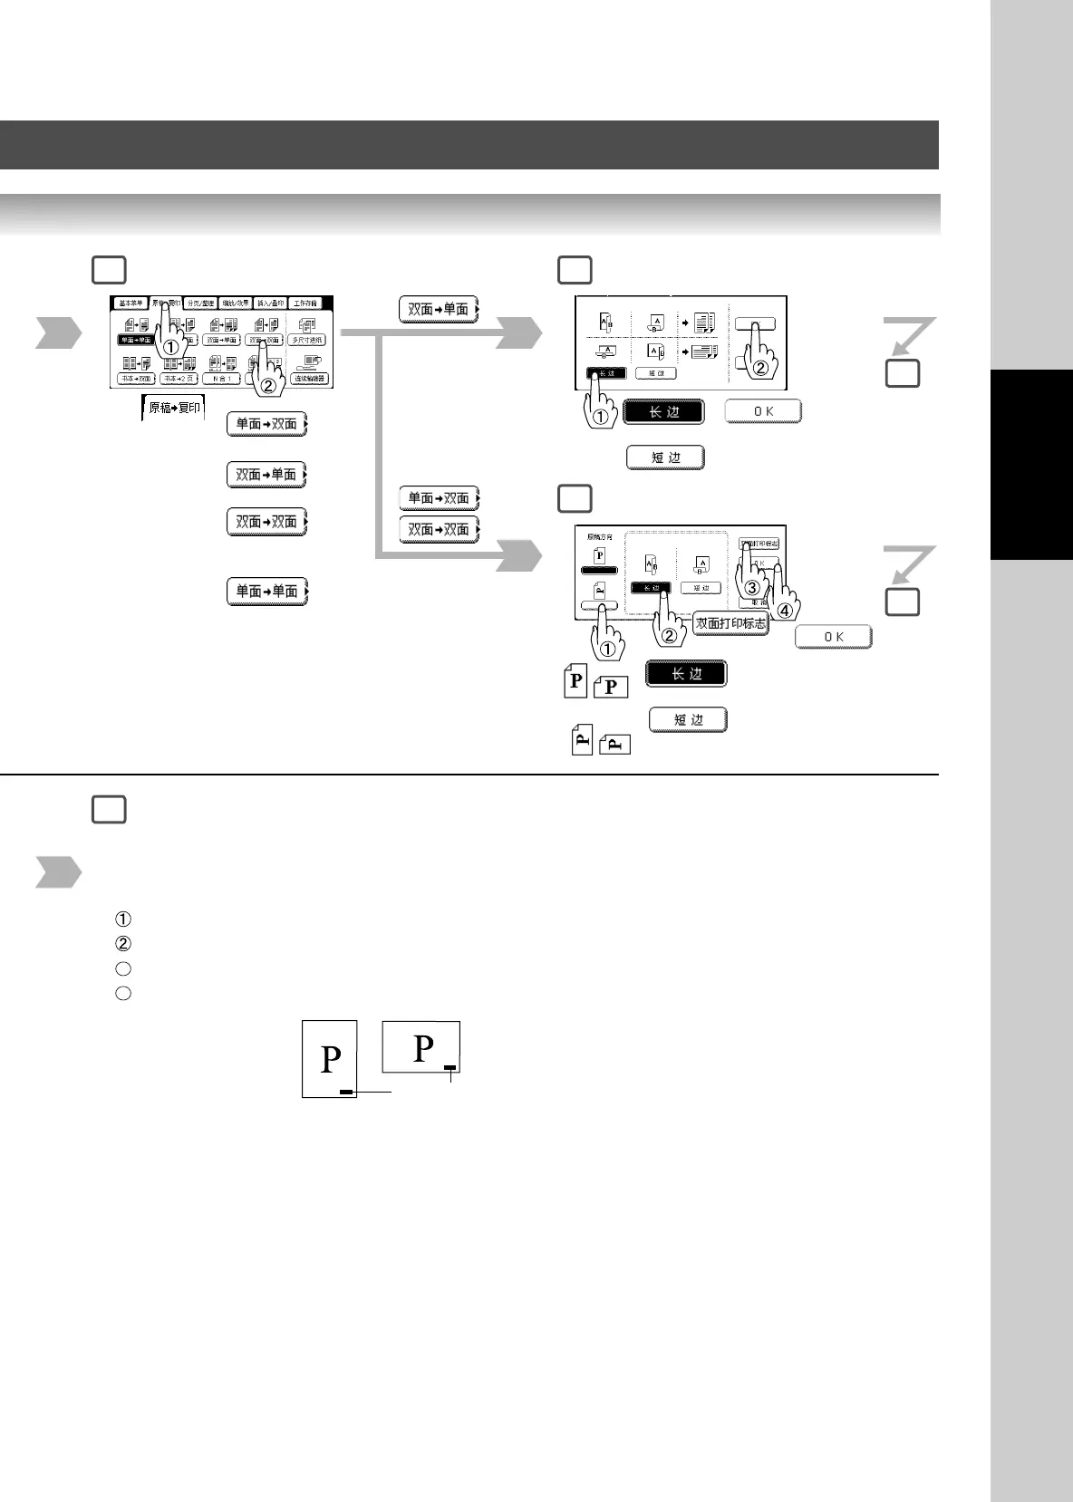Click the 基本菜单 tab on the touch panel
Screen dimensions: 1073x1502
tap(131, 303)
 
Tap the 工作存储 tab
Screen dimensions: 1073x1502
tap(305, 303)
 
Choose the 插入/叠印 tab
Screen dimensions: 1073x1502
tap(270, 303)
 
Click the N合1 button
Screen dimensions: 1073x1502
tap(222, 379)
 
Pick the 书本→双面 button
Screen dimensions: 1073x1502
tap(135, 379)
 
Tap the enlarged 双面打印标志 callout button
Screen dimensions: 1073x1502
tap(730, 623)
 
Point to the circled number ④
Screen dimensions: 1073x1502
tap(785, 611)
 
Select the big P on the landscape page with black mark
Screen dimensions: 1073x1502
tap(423, 1048)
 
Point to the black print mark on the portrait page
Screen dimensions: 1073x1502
tap(345, 1093)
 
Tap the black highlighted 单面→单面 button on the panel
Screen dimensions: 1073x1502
tap(135, 340)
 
